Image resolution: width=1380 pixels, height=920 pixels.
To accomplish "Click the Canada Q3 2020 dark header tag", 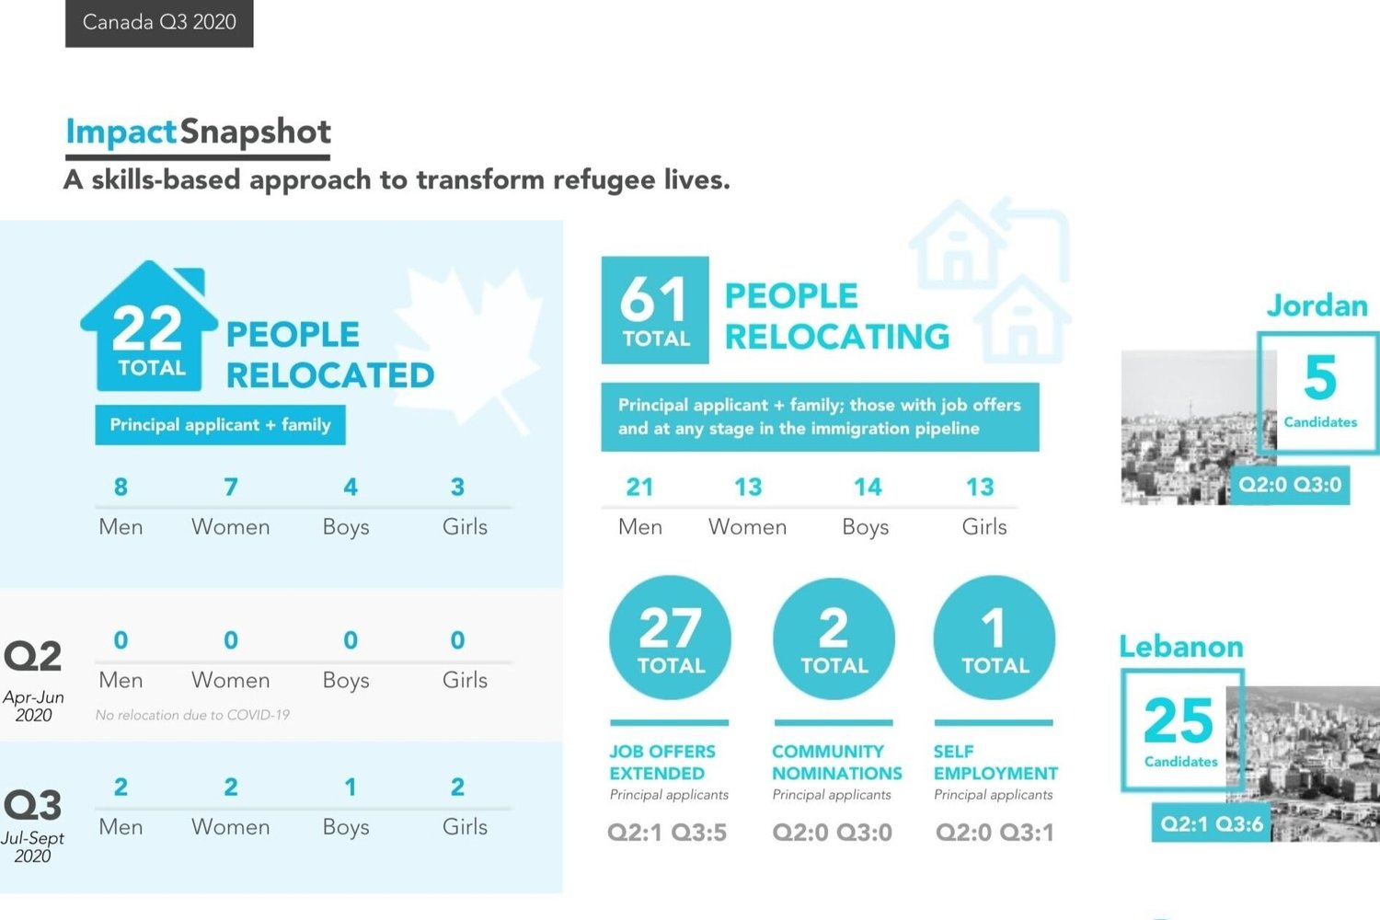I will coord(159,22).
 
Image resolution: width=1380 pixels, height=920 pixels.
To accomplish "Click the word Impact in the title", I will coord(121,132).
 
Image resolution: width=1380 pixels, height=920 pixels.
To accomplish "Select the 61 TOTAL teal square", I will coord(655,310).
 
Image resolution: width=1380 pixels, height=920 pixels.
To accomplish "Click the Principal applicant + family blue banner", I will coord(220,425).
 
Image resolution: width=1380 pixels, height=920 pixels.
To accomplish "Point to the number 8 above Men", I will coord(121,487).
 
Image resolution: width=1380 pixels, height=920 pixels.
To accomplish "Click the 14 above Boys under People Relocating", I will coord(867,487).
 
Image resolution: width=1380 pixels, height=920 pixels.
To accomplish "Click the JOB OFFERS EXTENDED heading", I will coord(662,763).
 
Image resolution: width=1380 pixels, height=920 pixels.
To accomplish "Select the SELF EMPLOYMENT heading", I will coord(995,763).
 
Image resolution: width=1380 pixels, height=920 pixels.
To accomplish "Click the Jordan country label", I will coord(1317,305).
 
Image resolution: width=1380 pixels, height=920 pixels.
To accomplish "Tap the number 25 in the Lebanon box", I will coord(1179,720).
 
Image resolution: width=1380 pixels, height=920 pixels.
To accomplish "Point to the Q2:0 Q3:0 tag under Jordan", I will coord(1290,485).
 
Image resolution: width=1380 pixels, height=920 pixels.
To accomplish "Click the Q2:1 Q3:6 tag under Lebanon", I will coord(1212,823).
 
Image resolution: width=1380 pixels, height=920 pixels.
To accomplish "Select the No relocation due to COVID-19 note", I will coord(192,715).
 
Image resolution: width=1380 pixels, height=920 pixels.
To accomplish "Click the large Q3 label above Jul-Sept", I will coord(33,805).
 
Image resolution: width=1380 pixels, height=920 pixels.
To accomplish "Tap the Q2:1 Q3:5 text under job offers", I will coord(667,833).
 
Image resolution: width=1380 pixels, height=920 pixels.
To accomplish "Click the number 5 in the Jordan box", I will coord(1320,377).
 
